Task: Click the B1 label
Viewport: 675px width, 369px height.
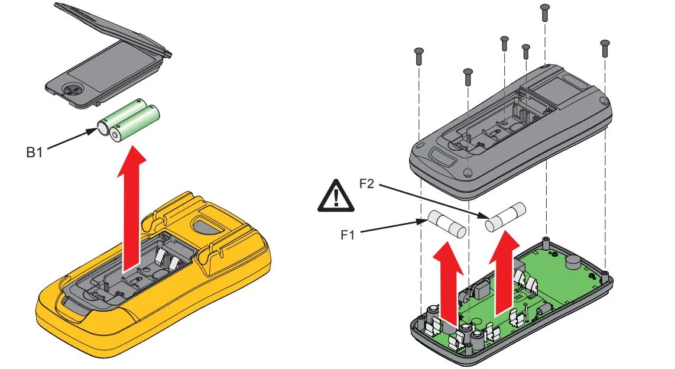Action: coord(34,152)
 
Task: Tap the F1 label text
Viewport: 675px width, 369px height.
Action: coord(348,235)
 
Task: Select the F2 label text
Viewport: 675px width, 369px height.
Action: coord(366,184)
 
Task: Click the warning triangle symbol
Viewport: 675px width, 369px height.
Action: coord(336,196)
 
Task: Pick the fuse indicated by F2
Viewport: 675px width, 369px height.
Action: coord(505,218)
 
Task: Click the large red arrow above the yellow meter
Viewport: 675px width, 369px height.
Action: coord(131,209)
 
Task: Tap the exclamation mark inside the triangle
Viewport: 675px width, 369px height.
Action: coord(336,198)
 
